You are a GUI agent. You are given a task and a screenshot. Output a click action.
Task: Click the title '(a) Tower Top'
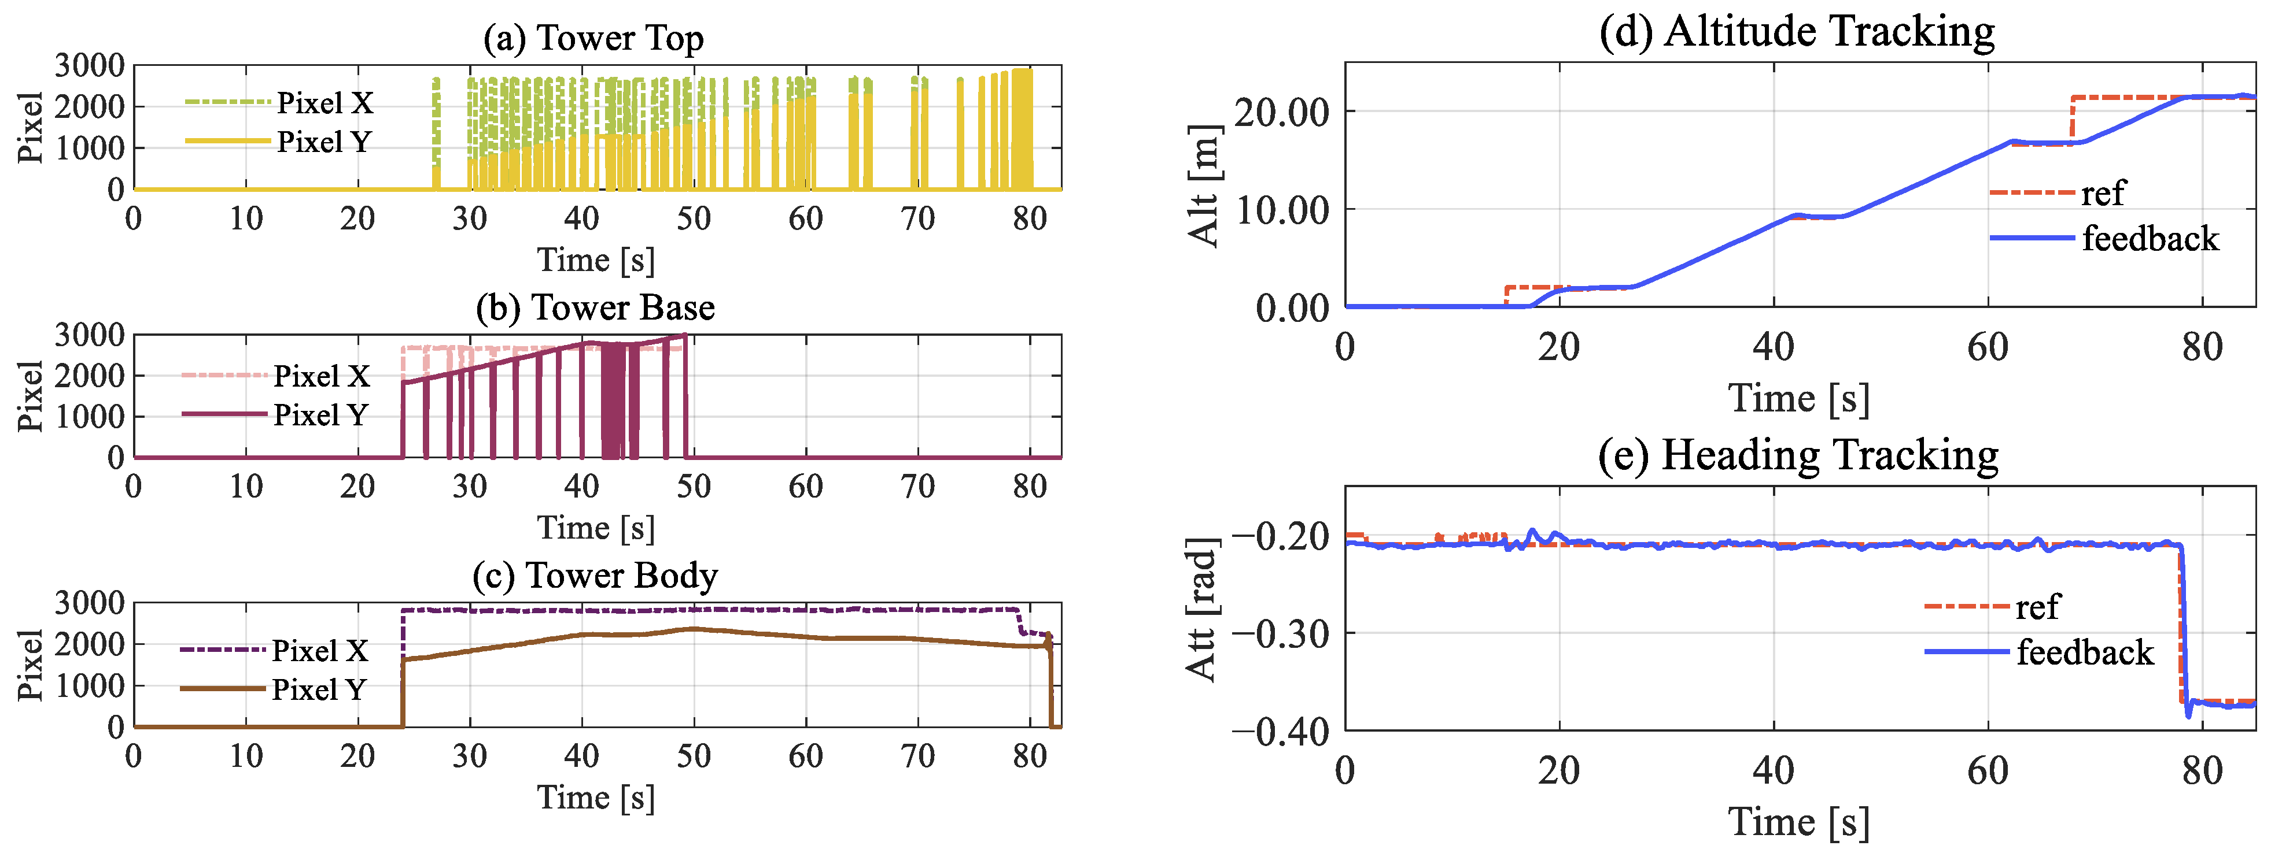pyautogui.click(x=594, y=38)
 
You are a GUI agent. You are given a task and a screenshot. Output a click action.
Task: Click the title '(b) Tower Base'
pyautogui.click(x=595, y=307)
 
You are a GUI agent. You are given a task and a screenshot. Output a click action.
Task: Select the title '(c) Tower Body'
pyautogui.click(x=595, y=576)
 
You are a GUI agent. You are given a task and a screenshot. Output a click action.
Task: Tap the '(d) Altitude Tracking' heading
pyautogui.click(x=1797, y=32)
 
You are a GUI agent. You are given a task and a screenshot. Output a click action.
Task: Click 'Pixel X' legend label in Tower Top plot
pyautogui.click(x=325, y=103)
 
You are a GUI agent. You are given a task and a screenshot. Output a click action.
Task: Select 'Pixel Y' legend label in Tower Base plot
pyautogui.click(x=320, y=415)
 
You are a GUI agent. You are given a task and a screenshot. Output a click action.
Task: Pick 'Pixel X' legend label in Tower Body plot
pyautogui.click(x=319, y=650)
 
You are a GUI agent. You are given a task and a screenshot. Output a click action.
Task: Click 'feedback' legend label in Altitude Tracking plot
pyautogui.click(x=2150, y=239)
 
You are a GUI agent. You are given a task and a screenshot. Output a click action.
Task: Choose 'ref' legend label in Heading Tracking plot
pyautogui.click(x=2037, y=607)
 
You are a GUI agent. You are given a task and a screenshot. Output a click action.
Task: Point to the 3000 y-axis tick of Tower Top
pyautogui.click(x=89, y=65)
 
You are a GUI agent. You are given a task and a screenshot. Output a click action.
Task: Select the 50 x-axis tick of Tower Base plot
pyautogui.click(x=694, y=487)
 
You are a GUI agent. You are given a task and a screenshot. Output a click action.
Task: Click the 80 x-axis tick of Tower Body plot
pyautogui.click(x=1029, y=756)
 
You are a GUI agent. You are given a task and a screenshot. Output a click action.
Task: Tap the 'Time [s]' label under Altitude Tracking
pyautogui.click(x=1798, y=398)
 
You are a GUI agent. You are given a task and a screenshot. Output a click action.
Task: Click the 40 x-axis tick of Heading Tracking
pyautogui.click(x=1773, y=771)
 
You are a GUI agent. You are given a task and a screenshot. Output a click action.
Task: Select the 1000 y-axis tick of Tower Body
pyautogui.click(x=89, y=685)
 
